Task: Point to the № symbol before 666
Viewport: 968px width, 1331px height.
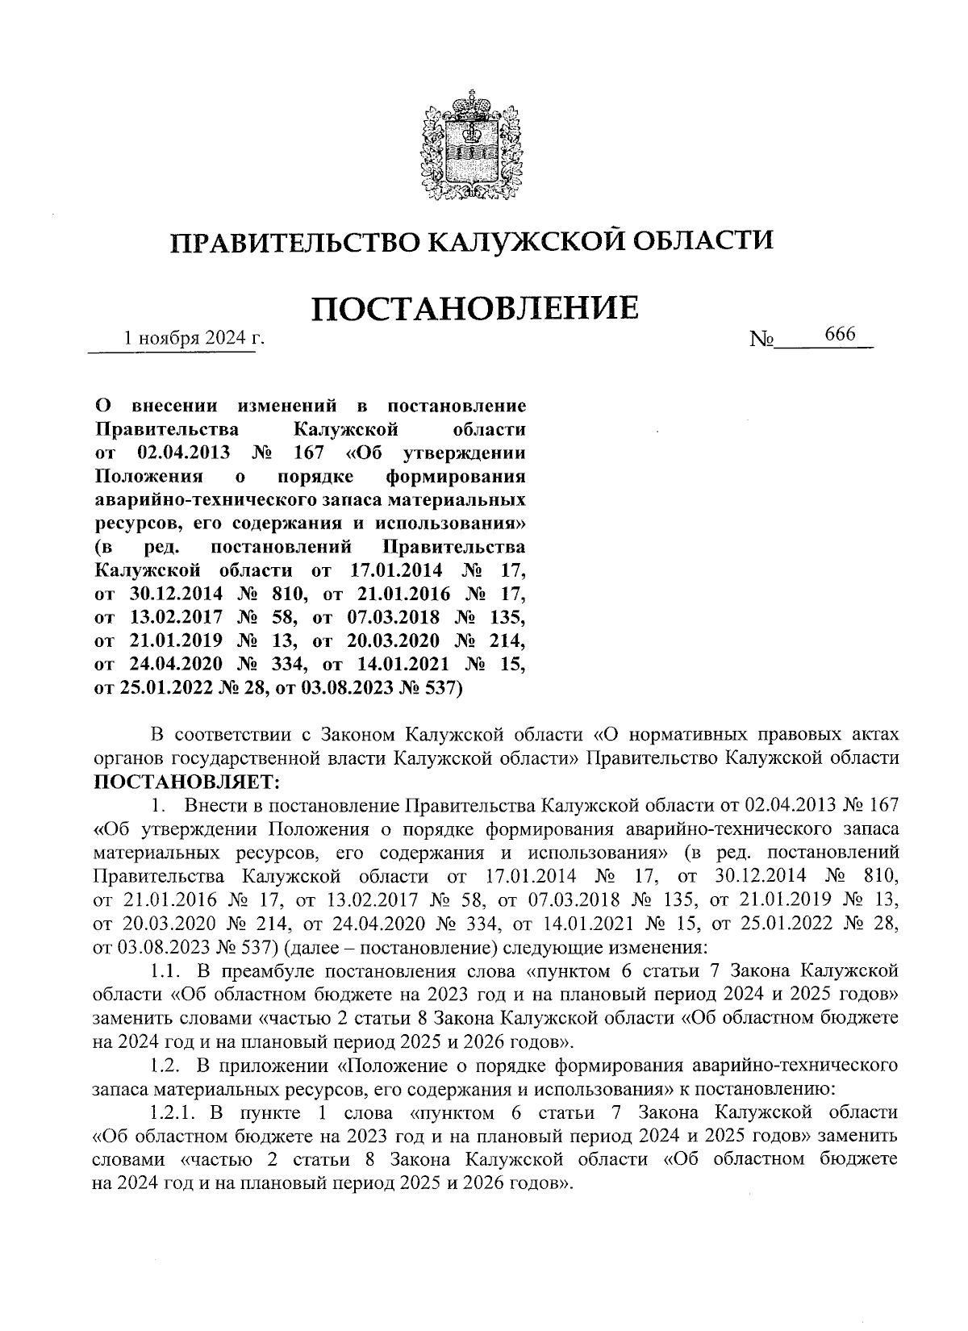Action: point(761,340)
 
